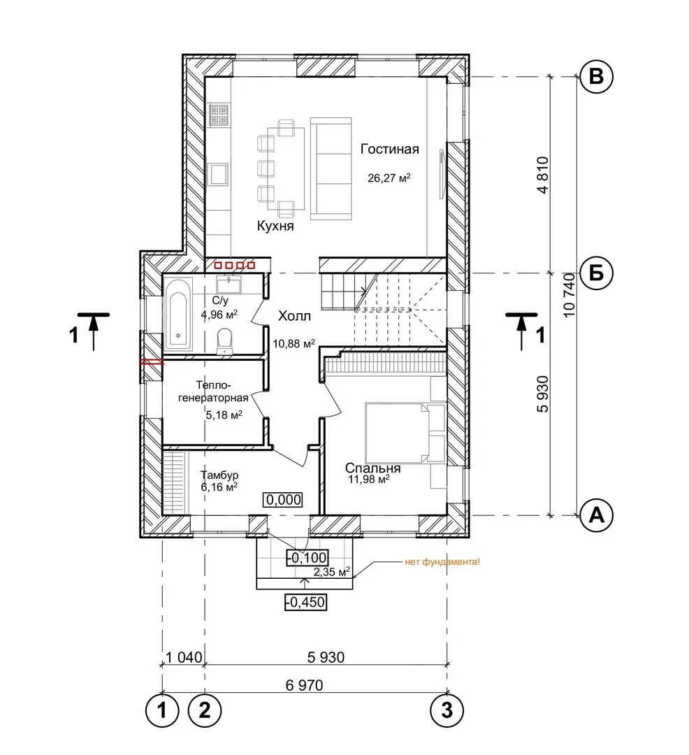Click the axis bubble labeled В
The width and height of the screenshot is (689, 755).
point(596,76)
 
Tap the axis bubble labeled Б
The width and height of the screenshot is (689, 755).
point(596,273)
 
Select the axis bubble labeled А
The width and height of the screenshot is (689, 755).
point(596,515)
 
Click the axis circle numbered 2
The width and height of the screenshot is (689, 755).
point(205,710)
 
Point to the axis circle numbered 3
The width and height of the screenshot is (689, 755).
point(447,710)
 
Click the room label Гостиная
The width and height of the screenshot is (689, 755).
point(390,150)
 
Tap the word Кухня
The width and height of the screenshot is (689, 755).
point(275,226)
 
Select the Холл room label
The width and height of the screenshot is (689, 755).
point(294,316)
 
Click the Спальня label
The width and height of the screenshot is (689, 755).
point(373,468)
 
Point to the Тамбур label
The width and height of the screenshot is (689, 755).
point(219,475)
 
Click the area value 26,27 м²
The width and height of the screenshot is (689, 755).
point(389,178)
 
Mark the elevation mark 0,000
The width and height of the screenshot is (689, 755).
point(284,500)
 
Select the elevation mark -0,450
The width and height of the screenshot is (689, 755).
point(306,602)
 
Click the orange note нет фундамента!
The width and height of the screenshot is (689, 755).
point(442,561)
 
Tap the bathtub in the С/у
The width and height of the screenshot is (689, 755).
point(178,315)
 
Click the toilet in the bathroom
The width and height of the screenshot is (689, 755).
point(225,340)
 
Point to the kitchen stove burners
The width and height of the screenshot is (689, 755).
point(219,115)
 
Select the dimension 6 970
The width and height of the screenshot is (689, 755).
point(304,684)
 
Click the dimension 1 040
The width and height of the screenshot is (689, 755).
point(184,657)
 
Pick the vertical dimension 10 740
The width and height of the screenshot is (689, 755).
point(570,295)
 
